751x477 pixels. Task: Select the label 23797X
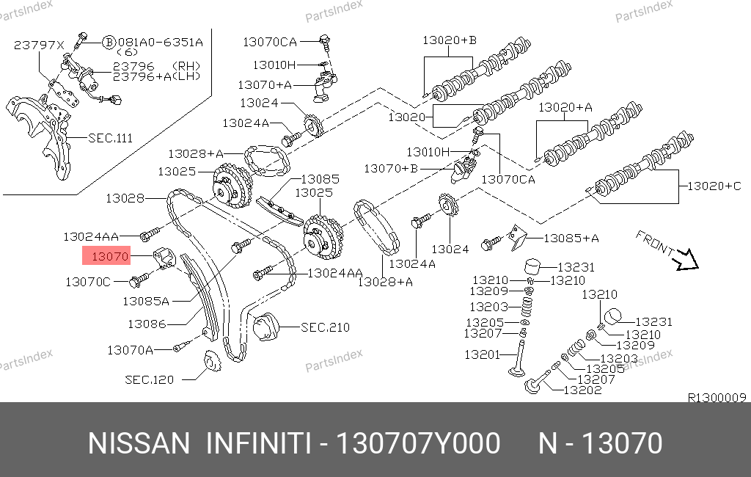pos(39,45)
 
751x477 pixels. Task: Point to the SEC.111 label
pos(111,138)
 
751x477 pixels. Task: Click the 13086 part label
pos(147,324)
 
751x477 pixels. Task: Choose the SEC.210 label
pos(325,327)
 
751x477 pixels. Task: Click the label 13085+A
pos(571,238)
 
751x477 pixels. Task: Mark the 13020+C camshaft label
pos(714,186)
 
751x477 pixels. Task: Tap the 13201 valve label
pos(482,354)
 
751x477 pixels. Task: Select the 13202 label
pos(582,390)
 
